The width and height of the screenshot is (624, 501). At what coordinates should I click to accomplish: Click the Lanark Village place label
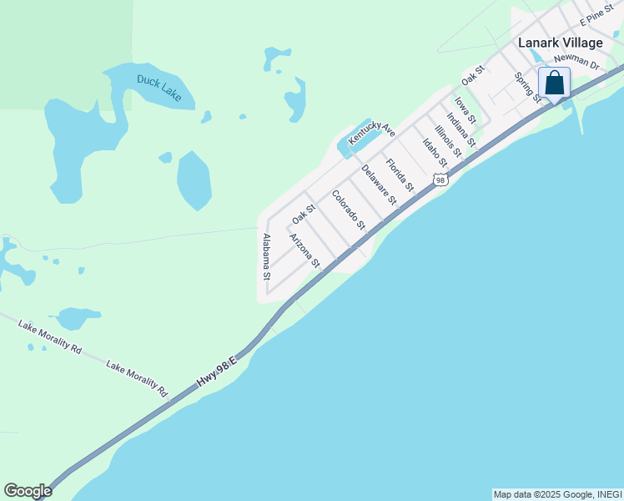560,43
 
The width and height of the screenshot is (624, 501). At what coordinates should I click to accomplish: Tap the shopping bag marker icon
555,83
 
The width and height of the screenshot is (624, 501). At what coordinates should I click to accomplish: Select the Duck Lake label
159,88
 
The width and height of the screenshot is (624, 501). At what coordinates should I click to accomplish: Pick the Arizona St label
304,250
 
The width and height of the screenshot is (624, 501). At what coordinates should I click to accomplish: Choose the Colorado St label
349,210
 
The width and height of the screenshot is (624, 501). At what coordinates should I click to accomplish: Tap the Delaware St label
378,185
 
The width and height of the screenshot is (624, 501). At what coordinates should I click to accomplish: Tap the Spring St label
528,87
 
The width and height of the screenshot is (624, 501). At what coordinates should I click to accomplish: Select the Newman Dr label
576,63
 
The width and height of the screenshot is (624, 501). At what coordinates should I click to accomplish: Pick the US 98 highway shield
440,180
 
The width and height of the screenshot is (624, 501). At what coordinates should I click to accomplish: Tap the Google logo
28,491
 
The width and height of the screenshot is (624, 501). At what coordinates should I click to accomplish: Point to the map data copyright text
556,494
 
